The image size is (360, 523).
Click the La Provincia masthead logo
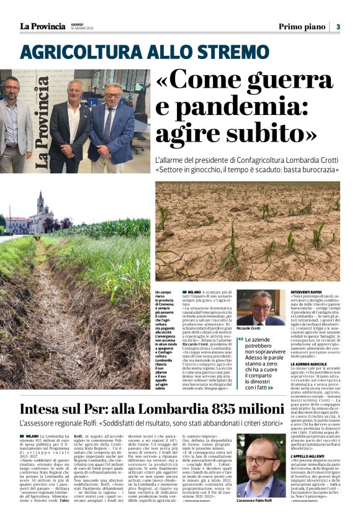[42, 26]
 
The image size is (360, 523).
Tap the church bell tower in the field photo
[40, 205]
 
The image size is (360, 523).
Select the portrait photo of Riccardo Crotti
[261, 307]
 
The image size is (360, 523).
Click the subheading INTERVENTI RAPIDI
[307, 291]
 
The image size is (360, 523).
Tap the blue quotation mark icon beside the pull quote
[240, 340]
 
